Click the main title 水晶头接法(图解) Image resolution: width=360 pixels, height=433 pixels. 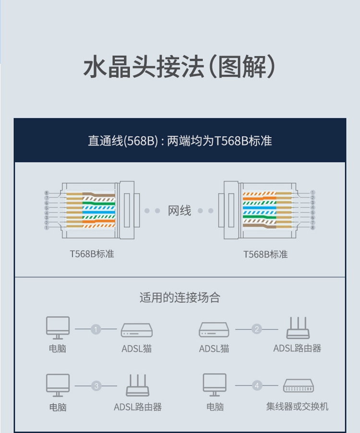click(x=179, y=67)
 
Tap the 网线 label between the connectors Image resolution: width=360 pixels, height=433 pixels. click(x=180, y=211)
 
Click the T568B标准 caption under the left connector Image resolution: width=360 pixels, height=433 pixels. click(x=92, y=254)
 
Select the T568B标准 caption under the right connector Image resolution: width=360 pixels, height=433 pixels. click(x=265, y=254)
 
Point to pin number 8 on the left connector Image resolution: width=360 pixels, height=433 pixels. click(x=47, y=193)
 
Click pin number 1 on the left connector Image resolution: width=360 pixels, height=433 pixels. click(x=47, y=228)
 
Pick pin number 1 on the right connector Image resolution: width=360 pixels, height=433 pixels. click(x=312, y=192)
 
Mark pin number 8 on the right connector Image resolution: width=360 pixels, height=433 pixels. click(x=312, y=228)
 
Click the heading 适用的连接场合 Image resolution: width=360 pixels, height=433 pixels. click(x=180, y=298)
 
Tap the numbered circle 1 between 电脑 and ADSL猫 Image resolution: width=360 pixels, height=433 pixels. click(x=96, y=329)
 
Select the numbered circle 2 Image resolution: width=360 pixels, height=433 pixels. click(x=257, y=329)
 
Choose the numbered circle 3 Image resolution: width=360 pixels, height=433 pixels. click(x=96, y=386)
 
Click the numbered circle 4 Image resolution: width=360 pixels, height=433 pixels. click(x=257, y=385)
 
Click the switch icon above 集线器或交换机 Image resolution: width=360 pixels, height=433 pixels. click(x=299, y=385)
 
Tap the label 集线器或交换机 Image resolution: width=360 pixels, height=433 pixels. click(x=297, y=407)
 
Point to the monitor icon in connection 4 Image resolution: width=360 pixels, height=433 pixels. click(x=215, y=385)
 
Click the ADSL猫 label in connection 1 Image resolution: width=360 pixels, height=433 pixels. click(x=137, y=349)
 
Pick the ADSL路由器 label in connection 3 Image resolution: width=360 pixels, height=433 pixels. click(x=138, y=407)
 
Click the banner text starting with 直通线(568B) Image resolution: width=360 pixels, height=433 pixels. click(x=180, y=141)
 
